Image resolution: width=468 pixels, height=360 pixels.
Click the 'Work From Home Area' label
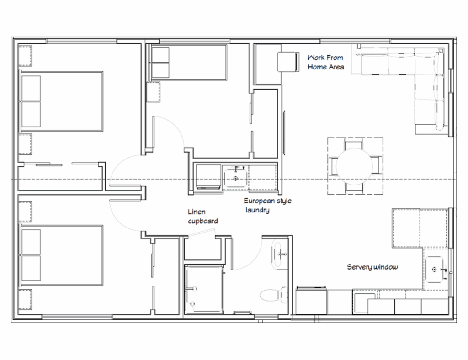tap(325, 63)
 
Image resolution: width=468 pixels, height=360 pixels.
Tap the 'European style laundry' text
tap(267, 206)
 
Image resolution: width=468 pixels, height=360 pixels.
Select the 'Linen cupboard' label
tap(202, 217)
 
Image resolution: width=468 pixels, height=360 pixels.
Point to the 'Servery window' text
tap(372, 267)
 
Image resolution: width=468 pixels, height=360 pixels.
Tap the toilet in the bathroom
tap(271, 294)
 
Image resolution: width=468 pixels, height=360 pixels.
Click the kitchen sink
tap(435, 269)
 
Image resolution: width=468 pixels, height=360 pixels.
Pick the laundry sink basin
tap(236, 178)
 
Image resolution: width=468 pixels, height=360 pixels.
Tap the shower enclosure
tap(203, 290)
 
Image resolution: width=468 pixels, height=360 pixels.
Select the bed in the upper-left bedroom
tap(61, 101)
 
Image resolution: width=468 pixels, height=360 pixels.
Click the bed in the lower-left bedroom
tap(61, 255)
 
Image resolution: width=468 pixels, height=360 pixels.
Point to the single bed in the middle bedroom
tap(189, 63)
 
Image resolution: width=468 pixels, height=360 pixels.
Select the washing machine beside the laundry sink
tap(208, 177)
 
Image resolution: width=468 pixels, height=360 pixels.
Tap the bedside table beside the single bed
tap(153, 92)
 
